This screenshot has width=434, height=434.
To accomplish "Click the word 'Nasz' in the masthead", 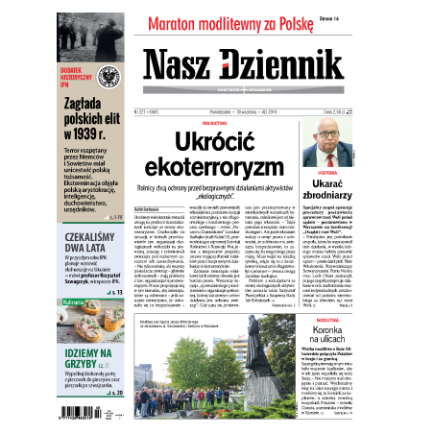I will [x=186, y=67].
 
